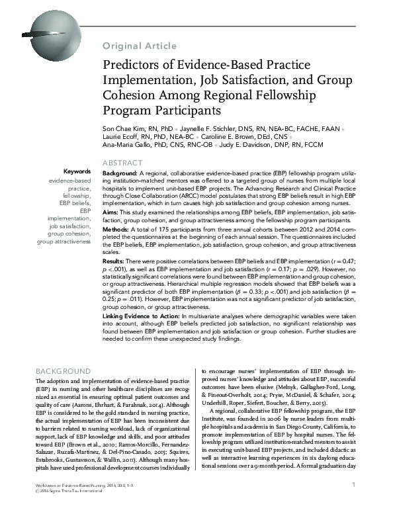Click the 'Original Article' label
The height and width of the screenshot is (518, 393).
pos(140,46)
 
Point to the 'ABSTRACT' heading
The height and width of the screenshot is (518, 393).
pos(122,163)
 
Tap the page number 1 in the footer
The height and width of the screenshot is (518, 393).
pos(355,503)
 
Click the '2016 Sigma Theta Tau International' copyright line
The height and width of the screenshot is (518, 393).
pos(64,509)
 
